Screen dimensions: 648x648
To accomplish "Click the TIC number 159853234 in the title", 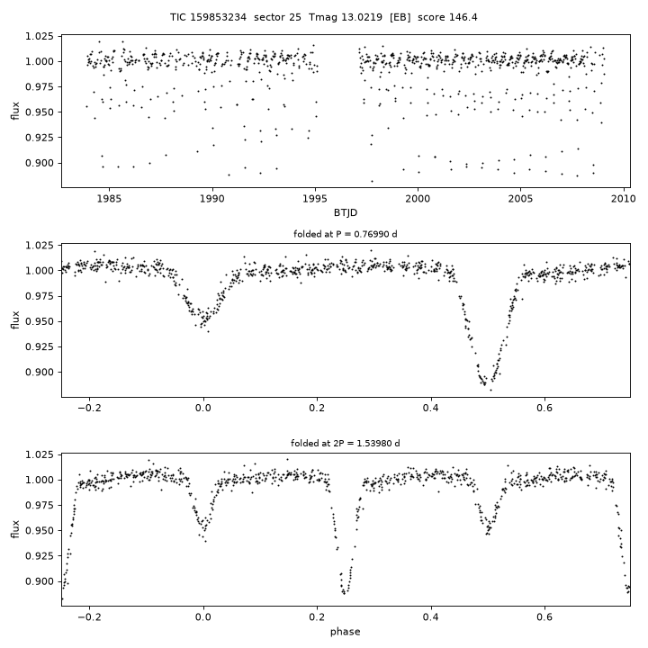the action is coord(218,17).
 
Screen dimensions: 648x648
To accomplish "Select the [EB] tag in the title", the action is coord(400,17).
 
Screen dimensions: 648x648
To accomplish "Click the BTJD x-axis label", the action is coord(346,212).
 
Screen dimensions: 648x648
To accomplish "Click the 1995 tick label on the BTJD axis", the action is coord(315,199).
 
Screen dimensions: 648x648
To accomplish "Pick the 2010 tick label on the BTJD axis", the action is coord(624,199).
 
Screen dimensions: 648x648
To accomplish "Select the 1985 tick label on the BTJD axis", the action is coord(109,199).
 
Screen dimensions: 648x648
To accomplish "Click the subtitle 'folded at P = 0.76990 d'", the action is coord(346,234).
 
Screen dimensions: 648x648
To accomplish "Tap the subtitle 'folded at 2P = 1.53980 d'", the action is coord(346,444).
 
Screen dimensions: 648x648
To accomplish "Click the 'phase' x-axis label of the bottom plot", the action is coord(345,632).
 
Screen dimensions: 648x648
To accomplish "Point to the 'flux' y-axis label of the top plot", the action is coord(15,111).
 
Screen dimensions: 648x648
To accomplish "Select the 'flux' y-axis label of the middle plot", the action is coord(15,319).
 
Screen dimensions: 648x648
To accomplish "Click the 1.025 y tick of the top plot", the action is coord(40,36).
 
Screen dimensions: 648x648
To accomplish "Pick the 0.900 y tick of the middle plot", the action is coord(40,373).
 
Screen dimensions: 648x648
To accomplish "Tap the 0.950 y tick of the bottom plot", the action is coord(40,531).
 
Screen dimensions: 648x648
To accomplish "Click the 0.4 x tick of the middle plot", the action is coord(431,409).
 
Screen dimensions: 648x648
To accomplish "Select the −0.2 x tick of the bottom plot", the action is coord(89,617).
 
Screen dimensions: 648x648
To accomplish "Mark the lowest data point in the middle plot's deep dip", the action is coord(491,390).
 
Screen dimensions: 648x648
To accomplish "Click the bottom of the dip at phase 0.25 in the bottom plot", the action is coord(344,594).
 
